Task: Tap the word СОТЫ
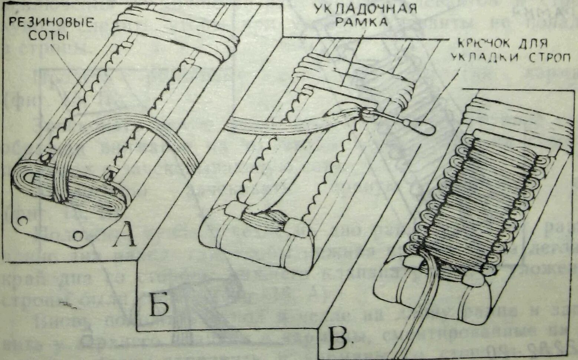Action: coord(51,36)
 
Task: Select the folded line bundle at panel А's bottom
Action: coord(70,189)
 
